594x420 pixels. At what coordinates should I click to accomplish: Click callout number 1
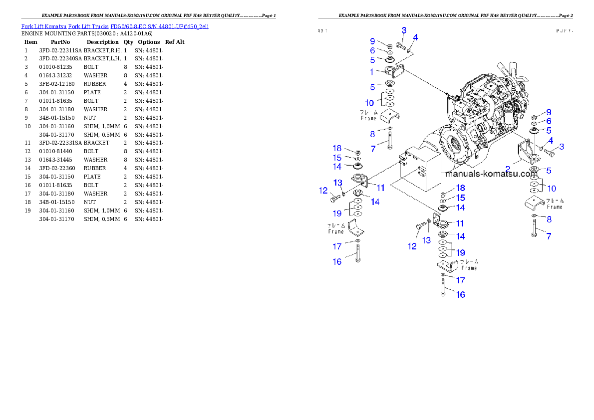pyautogui.click(x=371, y=72)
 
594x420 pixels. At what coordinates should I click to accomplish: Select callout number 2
pyautogui.click(x=508, y=169)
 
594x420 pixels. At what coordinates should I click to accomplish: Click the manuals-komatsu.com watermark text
pyautogui.click(x=491, y=175)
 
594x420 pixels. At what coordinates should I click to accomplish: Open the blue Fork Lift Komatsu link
pyautogui.click(x=115, y=26)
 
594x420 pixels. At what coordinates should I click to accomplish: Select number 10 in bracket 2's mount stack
pyautogui.click(x=552, y=189)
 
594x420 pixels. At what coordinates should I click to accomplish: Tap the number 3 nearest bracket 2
pyautogui.click(x=562, y=147)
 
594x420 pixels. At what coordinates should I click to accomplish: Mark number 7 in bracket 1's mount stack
pyautogui.click(x=373, y=149)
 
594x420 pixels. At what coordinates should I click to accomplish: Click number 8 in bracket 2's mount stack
pyautogui.click(x=549, y=219)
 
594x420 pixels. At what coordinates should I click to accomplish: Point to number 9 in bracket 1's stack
pyautogui.click(x=372, y=40)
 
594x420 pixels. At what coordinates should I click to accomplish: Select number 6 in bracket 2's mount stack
pyautogui.click(x=549, y=121)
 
